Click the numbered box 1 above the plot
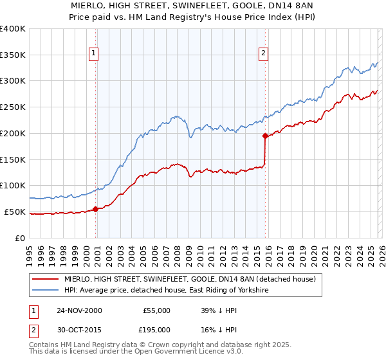95,54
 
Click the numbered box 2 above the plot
264,54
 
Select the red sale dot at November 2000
96,208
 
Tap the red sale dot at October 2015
265,135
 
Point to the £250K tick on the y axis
14,107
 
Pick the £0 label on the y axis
20,238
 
